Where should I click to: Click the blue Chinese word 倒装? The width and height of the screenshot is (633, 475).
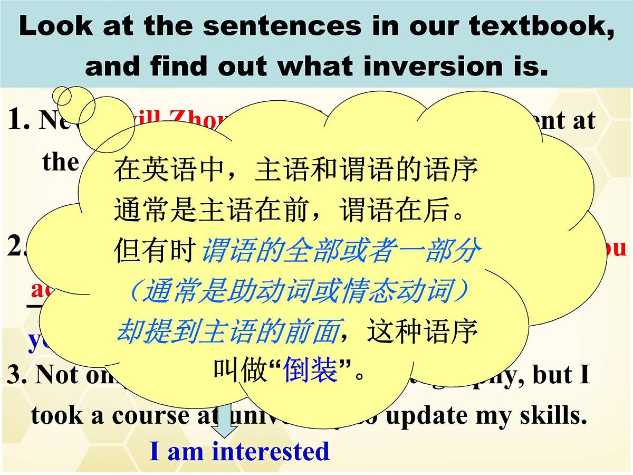(311, 371)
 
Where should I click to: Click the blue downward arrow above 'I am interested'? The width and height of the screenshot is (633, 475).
(227, 422)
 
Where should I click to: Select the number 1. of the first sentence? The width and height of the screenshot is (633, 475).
(20, 121)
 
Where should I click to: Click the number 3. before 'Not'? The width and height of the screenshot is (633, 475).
(17, 375)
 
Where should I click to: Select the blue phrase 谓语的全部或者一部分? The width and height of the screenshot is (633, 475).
(340, 252)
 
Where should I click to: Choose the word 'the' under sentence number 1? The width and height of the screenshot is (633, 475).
(60, 161)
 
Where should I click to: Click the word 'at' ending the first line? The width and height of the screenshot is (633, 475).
(584, 121)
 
